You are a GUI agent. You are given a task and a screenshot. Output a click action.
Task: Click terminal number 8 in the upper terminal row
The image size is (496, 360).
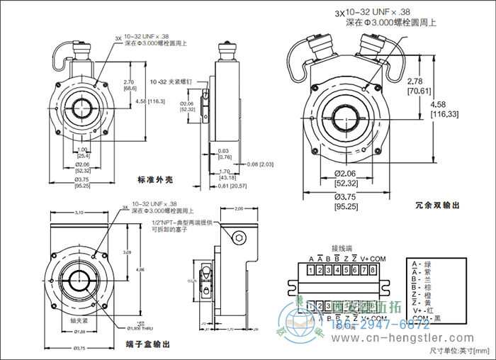pyautogui.click(x=372, y=270)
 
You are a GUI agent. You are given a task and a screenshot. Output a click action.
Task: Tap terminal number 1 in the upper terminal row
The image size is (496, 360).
pyautogui.click(x=311, y=270)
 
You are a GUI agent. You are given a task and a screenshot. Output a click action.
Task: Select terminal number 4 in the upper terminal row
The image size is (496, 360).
pyautogui.click(x=337, y=270)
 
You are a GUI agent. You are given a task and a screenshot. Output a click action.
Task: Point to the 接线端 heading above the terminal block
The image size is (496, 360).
pyautogui.click(x=342, y=249)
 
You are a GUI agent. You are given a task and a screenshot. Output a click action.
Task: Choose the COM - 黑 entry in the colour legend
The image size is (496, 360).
pyautogui.click(x=425, y=319)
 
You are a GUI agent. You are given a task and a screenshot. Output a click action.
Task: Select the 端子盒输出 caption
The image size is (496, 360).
pyautogui.click(x=148, y=344)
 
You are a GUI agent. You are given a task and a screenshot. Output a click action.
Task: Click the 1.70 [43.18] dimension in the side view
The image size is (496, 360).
pyautogui.click(x=227, y=174)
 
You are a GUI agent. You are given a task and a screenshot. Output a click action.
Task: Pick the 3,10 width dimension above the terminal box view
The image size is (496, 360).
pyautogui.click(x=79, y=213)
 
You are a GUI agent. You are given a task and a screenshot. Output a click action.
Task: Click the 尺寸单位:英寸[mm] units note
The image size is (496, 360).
pyautogui.click(x=458, y=351)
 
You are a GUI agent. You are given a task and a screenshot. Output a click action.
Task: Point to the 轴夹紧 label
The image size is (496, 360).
pyautogui.click(x=80, y=321)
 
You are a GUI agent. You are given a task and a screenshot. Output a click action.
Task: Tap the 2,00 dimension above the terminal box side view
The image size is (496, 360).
pyautogui.click(x=238, y=209)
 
